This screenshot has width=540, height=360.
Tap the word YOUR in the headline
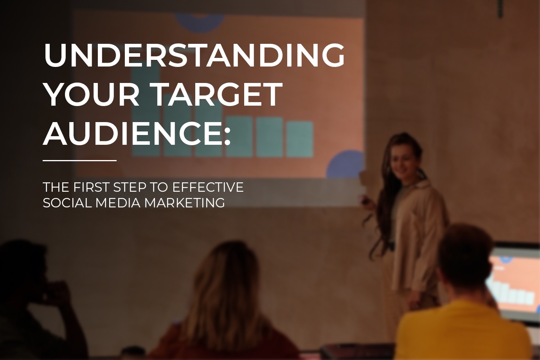tap(92, 94)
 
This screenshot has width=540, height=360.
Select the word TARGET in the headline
tap(216, 94)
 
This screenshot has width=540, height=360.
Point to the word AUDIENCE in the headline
tap(133, 133)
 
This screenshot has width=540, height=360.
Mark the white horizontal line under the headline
tap(79, 160)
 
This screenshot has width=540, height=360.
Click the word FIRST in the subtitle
tap(91, 187)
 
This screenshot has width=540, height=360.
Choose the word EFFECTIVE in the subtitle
tap(208, 187)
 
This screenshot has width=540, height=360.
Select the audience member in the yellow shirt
tap(462, 313)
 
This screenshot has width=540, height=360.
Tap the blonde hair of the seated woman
tap(227, 282)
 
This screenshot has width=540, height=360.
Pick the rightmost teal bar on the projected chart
tap(300, 139)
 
